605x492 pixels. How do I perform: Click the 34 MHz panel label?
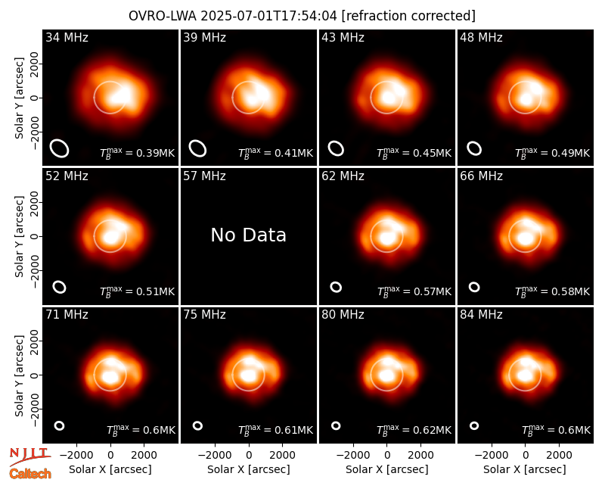click(67, 37)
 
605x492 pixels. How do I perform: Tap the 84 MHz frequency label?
click(481, 315)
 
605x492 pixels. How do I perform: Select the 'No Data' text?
click(249, 235)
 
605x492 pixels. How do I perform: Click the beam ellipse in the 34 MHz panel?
click(60, 148)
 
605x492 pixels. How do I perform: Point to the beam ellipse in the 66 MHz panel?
click(474, 287)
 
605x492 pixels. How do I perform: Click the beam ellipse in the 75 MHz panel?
click(197, 425)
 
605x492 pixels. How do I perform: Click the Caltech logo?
click(30, 474)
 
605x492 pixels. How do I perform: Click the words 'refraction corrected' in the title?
click(408, 16)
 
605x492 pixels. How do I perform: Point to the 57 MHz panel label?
click(204, 176)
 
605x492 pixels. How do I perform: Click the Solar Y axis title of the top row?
click(20, 98)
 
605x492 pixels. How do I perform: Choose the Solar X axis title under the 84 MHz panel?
click(525, 469)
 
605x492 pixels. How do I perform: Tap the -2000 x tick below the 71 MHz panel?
click(76, 455)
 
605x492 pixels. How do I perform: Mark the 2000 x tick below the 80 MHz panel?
click(420, 455)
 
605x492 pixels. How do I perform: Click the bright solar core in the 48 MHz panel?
click(526, 99)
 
